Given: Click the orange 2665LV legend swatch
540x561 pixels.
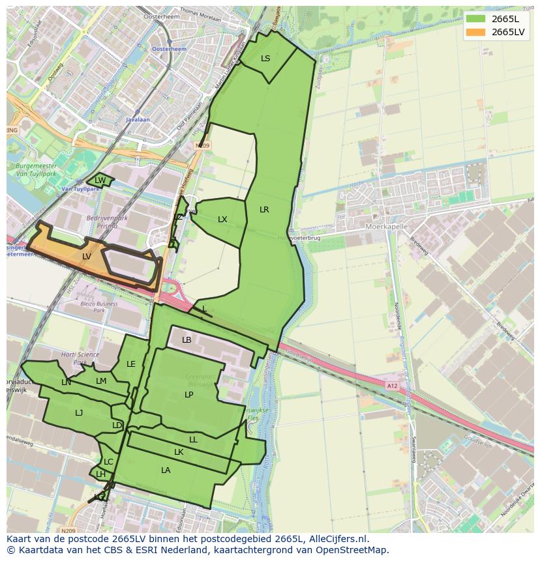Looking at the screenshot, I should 476,32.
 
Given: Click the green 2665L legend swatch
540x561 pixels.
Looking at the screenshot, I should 476,19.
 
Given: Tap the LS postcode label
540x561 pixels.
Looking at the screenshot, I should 265,59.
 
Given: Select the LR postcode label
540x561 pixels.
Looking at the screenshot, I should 264,210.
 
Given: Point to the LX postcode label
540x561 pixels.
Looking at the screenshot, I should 222,220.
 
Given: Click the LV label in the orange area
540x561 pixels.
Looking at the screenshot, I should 87,257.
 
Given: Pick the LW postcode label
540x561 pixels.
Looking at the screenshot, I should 100,180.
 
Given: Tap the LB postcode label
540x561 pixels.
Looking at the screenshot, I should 187,340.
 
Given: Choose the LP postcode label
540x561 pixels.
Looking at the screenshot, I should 189,395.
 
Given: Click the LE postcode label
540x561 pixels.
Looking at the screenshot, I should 131,364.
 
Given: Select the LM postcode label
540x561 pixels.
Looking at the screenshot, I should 101,381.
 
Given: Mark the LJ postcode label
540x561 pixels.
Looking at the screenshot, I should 79,412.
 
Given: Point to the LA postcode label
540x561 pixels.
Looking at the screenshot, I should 166,470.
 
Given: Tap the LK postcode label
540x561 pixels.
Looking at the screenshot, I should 179,452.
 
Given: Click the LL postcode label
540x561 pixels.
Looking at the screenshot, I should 193,440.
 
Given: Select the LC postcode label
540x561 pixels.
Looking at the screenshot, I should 108,462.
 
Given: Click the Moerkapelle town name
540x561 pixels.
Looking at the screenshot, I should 387,226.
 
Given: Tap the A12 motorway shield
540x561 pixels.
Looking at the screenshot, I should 392,386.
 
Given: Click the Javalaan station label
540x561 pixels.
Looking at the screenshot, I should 138,120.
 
